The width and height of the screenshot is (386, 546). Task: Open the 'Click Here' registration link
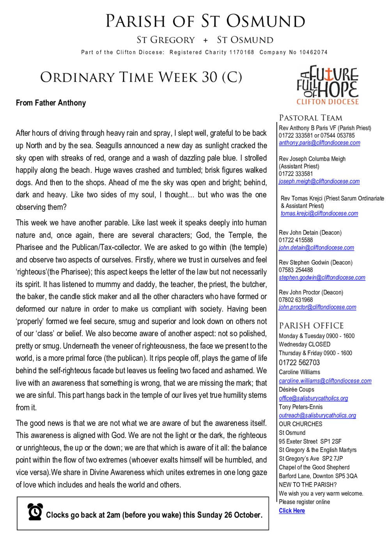292,511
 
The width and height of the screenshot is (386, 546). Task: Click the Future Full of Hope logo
328,85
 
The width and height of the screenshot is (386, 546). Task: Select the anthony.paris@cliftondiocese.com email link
319,143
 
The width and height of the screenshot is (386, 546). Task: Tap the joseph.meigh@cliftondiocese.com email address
319,181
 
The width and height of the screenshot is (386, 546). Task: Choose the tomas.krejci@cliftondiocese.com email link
319,213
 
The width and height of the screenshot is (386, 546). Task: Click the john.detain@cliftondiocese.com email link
316,248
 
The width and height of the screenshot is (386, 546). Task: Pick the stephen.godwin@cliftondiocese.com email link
322,278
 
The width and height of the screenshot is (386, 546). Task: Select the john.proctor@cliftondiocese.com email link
317,307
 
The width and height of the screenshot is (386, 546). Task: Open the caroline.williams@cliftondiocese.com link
325,381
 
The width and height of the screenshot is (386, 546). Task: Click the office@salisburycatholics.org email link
313,398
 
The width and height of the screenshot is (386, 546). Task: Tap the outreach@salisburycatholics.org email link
317,415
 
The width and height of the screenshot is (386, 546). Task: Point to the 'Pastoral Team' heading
310,118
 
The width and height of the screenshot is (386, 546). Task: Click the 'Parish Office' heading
311,326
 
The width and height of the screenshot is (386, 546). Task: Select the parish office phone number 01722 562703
299,363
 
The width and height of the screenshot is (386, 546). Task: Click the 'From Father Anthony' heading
51,103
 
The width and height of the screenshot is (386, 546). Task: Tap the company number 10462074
313,52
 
